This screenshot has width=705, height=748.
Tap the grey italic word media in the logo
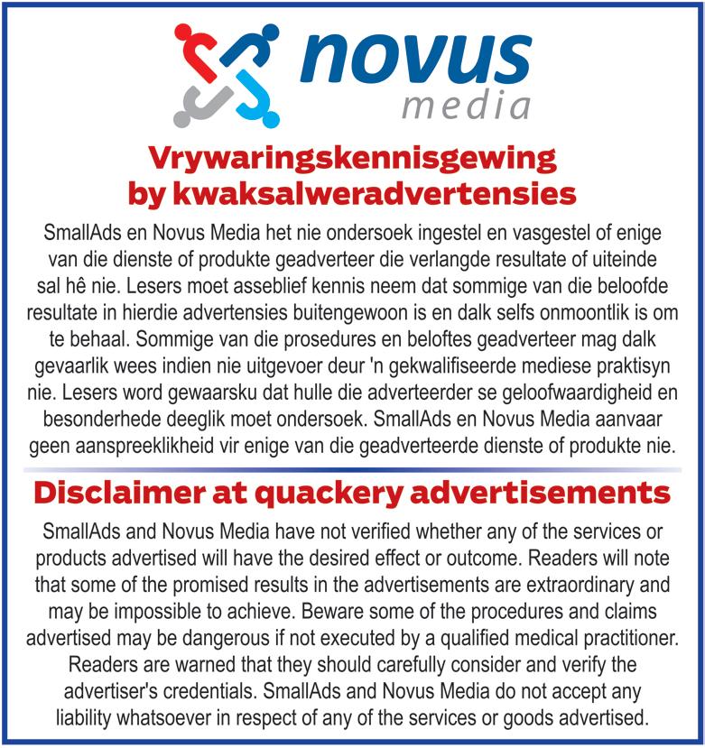466,106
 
